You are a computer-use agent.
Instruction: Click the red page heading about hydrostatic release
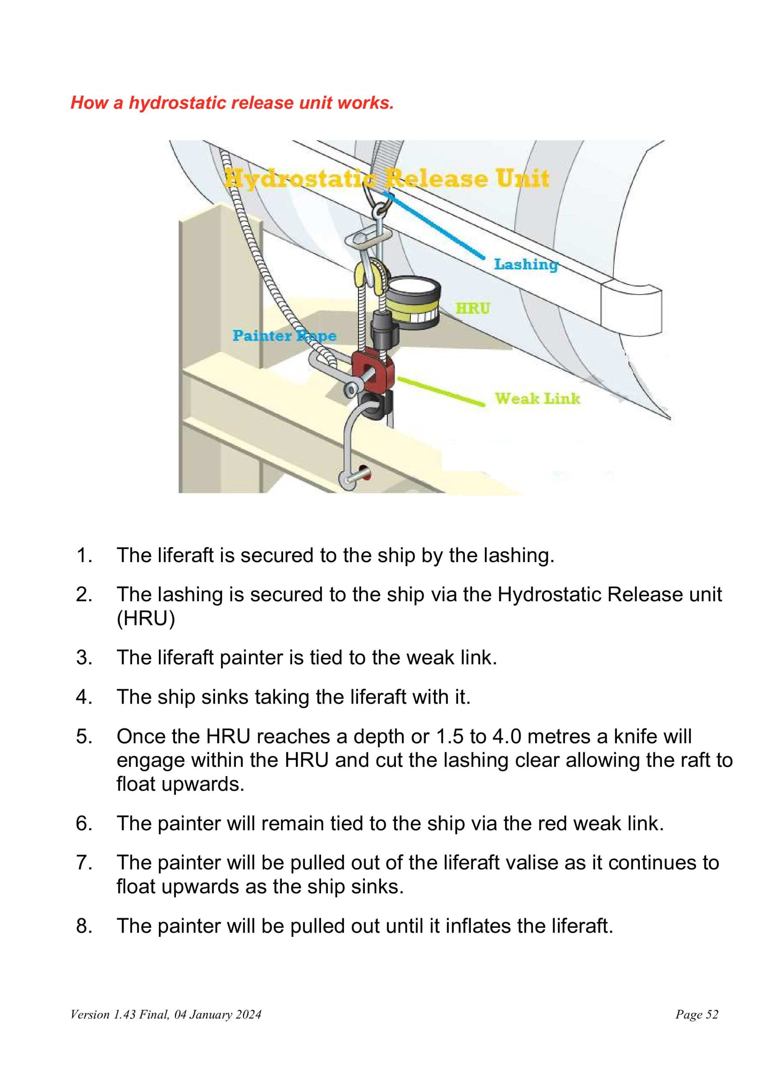click(232, 103)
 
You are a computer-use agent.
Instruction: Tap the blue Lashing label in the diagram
click(525, 264)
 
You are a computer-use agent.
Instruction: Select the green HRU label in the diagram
click(473, 309)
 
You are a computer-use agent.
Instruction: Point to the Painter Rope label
click(284, 336)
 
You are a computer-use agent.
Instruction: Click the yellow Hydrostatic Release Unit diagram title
click(387, 179)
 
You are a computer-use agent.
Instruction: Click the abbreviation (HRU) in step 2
click(146, 618)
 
